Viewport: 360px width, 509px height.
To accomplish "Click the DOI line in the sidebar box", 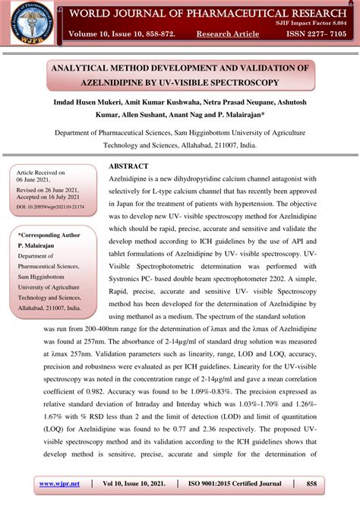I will click(50, 206).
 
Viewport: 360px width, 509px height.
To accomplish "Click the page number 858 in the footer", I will click(311, 483).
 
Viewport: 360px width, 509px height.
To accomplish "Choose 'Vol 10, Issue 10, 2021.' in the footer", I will click(133, 483).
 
